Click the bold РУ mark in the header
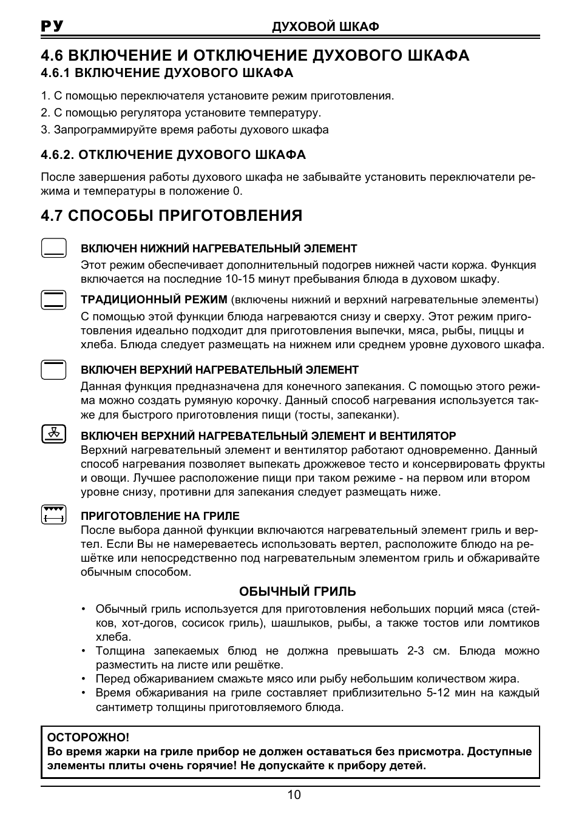tap(52, 26)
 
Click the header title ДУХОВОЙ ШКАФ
tap(325, 27)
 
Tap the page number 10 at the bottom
tap(294, 795)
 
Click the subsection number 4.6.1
tap(55, 73)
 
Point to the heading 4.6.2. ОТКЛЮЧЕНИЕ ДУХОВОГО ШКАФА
tap(173, 155)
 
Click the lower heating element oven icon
tap(54, 248)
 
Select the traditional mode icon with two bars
tap(54, 300)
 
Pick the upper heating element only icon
tap(54, 369)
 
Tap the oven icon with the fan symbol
tap(54, 434)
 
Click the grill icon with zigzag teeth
tap(54, 514)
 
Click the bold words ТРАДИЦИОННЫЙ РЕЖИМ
tap(154, 300)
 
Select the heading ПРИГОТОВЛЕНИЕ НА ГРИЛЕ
tap(160, 516)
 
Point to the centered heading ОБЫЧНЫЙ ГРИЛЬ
tap(297, 591)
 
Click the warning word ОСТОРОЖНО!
tap(89, 738)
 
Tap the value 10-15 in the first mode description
tap(222, 279)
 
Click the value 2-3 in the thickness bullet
tap(416, 651)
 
